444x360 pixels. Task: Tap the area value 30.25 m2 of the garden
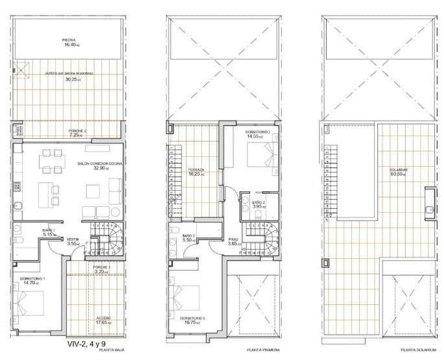pos(69,80)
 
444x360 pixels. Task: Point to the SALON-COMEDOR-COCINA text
pos(99,163)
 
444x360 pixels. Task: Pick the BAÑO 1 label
pos(49,230)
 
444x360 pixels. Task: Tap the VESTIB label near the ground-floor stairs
pos(73,239)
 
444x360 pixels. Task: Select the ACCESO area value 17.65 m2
pos(100,322)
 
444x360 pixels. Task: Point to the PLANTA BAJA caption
pos(111,354)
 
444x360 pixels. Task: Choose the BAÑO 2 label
pos(258,203)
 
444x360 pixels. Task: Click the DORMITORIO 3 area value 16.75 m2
pos(193,322)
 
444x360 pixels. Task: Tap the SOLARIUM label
pos(398,170)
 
